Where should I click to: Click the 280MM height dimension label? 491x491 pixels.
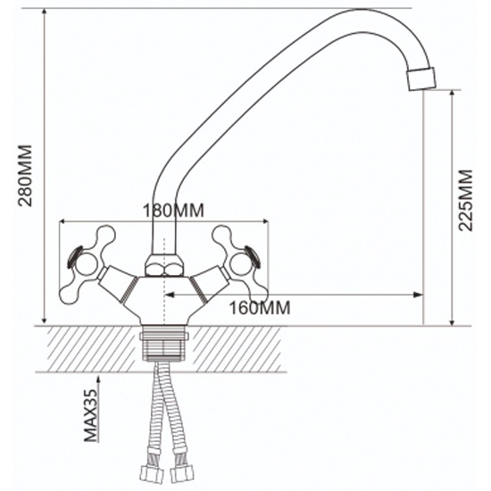[x=25, y=175]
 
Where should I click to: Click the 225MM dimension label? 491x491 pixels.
[x=465, y=200]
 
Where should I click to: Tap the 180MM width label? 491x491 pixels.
[x=173, y=211]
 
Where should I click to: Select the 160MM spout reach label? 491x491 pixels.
[x=260, y=308]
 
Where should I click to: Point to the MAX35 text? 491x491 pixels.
[x=91, y=415]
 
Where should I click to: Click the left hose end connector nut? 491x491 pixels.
[x=151, y=474]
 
